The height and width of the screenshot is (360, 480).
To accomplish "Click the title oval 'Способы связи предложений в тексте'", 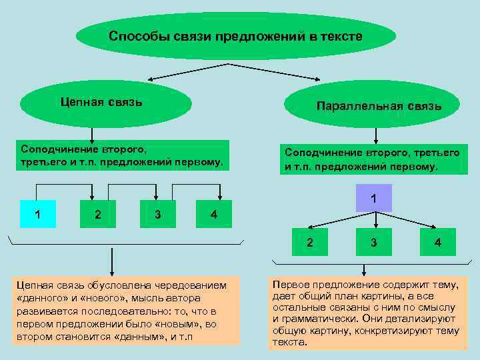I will click(236, 36).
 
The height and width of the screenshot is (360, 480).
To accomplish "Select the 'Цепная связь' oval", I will click(106, 103).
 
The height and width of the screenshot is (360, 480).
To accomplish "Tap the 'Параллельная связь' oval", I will click(379, 106).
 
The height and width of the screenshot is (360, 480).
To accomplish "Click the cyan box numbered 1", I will click(38, 214).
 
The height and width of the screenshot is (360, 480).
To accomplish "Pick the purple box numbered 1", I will click(374, 198).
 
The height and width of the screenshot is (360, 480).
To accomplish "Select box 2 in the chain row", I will click(98, 214).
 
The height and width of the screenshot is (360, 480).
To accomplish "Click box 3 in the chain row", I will click(157, 214).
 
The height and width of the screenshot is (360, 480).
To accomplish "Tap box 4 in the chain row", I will click(213, 214).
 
